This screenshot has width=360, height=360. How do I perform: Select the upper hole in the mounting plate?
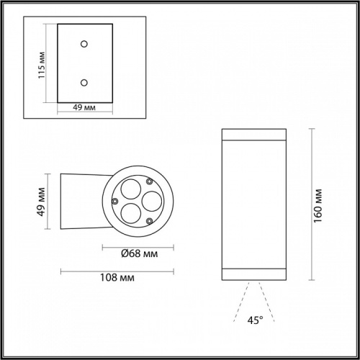coord(85,45)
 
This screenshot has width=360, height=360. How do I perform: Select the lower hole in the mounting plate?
coord(85,83)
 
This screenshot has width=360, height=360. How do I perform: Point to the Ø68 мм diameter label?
coord(135,253)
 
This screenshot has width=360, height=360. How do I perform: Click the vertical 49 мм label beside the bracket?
coord(42,203)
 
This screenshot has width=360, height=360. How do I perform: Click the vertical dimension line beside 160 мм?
coord(311,204)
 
